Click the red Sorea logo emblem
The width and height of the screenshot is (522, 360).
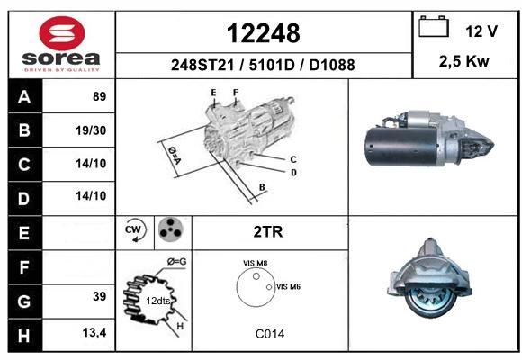click(x=62, y=33)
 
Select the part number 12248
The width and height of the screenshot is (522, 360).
click(x=263, y=33)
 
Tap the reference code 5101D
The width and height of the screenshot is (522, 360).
click(x=272, y=65)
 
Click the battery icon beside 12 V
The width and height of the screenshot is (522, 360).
click(x=434, y=26)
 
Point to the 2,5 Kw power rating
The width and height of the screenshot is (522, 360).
click(x=463, y=61)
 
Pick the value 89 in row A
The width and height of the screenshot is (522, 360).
click(x=99, y=96)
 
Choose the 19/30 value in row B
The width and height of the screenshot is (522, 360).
click(x=91, y=130)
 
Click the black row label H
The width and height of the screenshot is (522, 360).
click(x=24, y=335)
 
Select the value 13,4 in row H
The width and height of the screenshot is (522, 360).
click(x=94, y=332)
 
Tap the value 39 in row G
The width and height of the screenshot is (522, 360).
click(x=99, y=296)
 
